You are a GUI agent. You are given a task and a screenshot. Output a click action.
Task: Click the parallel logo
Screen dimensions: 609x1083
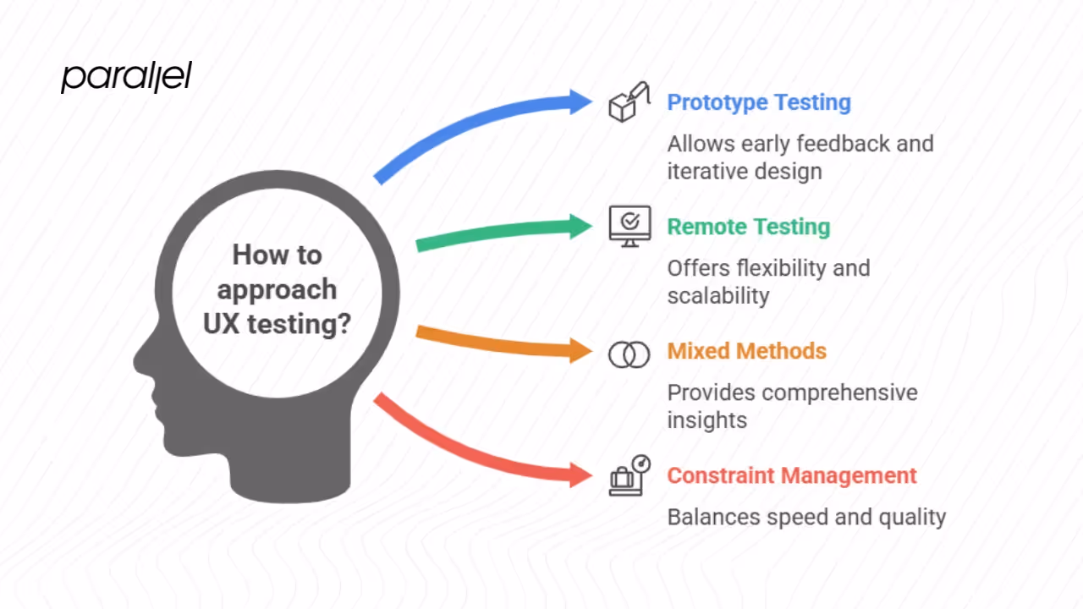(x=126, y=77)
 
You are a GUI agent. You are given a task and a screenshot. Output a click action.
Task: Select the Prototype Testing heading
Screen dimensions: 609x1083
(x=759, y=102)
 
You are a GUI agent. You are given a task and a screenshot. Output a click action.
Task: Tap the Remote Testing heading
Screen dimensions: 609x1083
(x=749, y=227)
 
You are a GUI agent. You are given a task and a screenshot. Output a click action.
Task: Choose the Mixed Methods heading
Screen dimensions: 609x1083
(x=746, y=351)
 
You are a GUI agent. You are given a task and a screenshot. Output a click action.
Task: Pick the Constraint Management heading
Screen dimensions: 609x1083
(x=792, y=475)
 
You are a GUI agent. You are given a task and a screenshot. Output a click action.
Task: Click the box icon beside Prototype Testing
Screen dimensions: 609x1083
(x=629, y=102)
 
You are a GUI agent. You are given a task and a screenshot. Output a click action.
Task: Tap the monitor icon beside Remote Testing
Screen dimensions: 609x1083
(x=629, y=226)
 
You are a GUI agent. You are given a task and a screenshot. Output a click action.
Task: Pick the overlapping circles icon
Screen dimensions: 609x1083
(x=629, y=354)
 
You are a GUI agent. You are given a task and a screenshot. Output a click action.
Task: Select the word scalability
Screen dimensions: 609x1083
(x=717, y=295)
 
